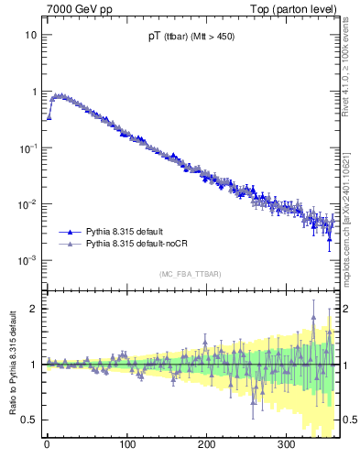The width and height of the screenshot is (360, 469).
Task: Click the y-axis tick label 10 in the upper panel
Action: tap(30, 35)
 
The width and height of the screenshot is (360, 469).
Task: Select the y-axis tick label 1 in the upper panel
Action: tap(33, 92)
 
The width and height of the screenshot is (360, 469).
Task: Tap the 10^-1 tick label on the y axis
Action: tap(28, 147)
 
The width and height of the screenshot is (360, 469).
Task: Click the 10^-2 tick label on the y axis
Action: tap(28, 203)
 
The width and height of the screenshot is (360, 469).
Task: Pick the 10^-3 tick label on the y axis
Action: tap(28, 260)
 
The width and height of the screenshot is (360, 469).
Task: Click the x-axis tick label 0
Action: tap(47, 444)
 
